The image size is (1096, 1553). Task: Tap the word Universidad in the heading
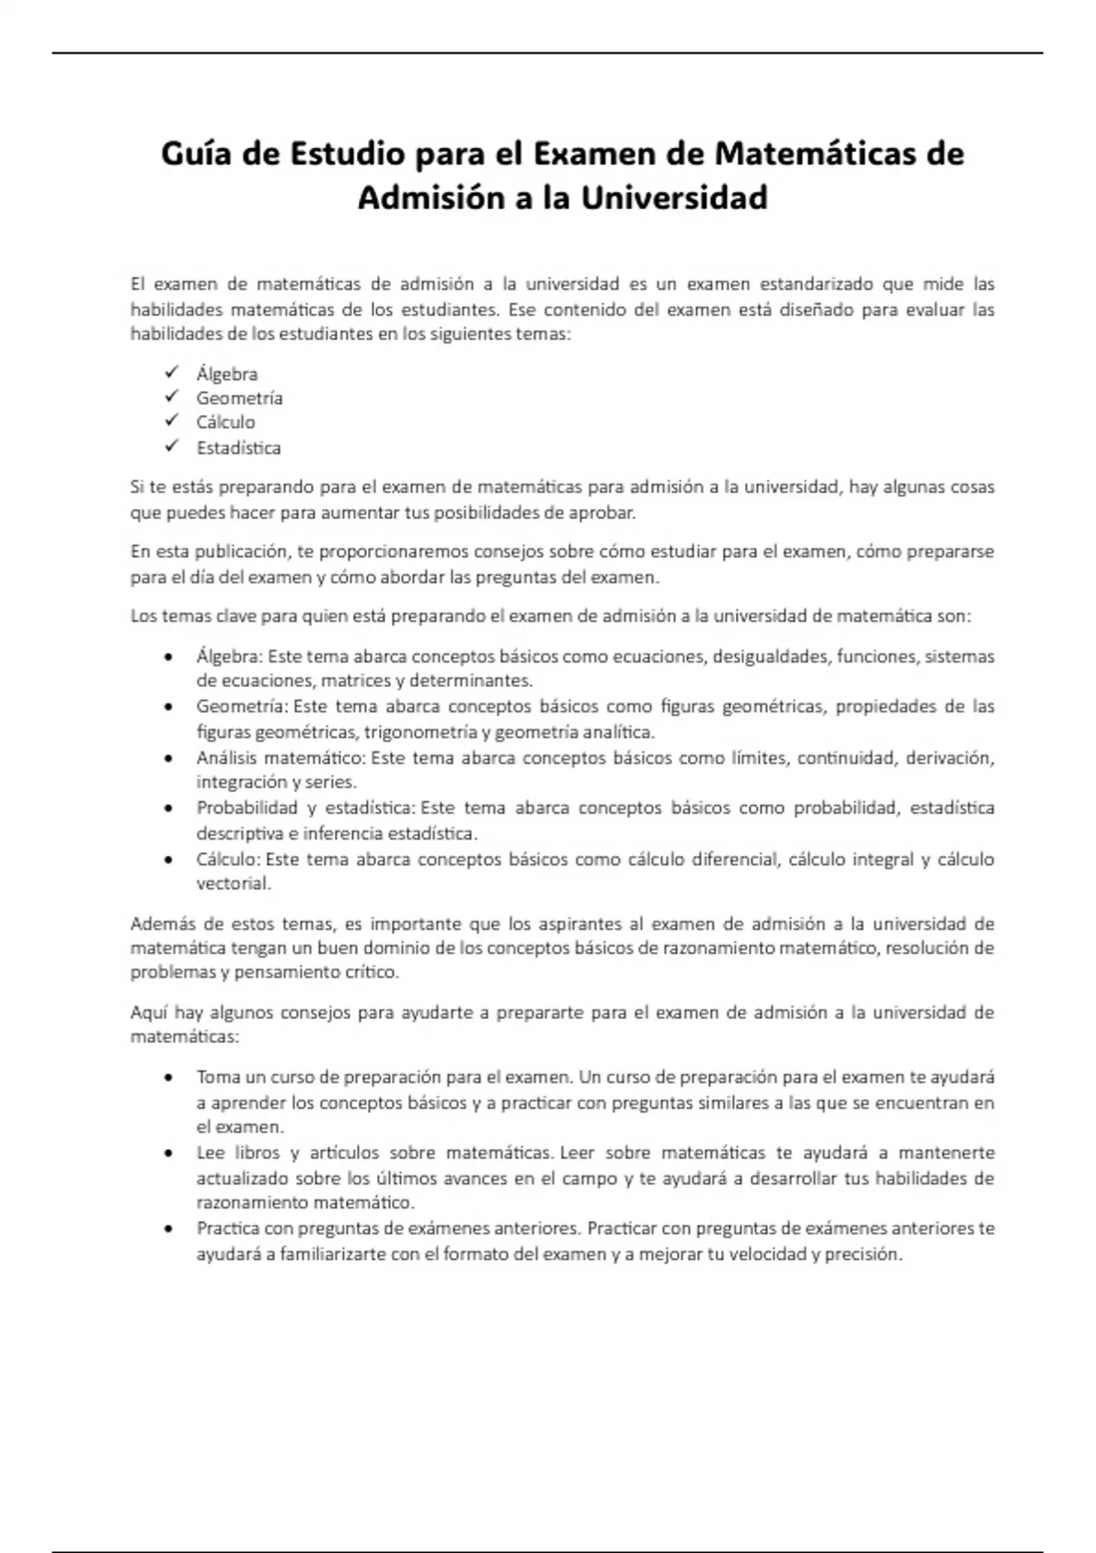click(x=674, y=197)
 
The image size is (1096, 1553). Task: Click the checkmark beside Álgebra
click(x=172, y=372)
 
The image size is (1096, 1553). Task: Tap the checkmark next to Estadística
click(x=172, y=446)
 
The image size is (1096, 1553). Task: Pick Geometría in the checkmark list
click(x=239, y=398)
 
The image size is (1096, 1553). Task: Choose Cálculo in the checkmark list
click(x=226, y=422)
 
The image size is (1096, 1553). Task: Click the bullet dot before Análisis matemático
click(x=168, y=758)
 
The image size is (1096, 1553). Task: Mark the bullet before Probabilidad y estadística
click(x=168, y=808)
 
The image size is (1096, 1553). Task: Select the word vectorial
click(x=233, y=883)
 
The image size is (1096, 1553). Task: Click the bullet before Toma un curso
click(x=168, y=1078)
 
